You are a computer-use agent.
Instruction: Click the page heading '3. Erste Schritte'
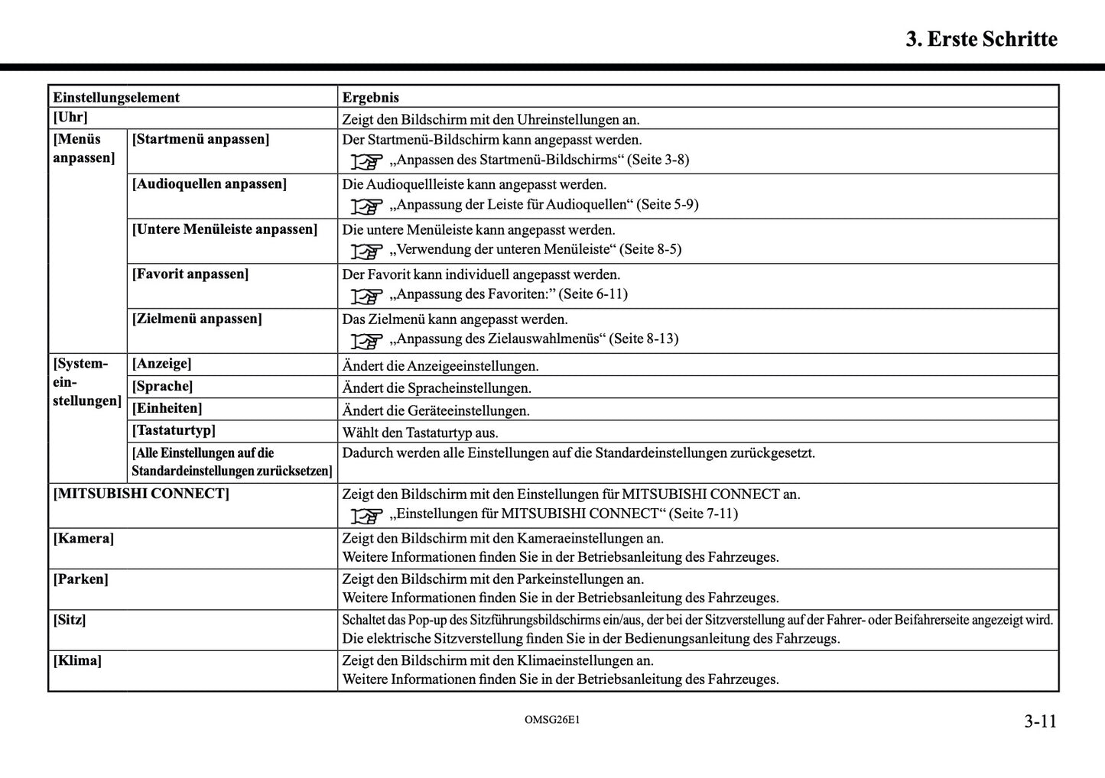click(981, 39)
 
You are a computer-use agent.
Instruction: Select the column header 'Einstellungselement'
click(116, 97)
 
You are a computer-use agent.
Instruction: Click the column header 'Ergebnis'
click(370, 97)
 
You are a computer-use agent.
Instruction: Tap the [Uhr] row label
click(70, 118)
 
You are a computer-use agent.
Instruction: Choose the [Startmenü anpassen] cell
click(200, 139)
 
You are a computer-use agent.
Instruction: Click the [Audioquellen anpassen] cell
click(210, 184)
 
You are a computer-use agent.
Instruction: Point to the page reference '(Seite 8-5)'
click(650, 249)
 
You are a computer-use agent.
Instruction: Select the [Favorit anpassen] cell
click(190, 274)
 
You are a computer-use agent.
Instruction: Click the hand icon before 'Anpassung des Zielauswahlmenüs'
click(367, 340)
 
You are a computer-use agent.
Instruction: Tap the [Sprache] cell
click(162, 386)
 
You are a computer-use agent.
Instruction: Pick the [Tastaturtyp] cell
click(174, 430)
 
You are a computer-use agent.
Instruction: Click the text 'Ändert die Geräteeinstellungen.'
click(436, 410)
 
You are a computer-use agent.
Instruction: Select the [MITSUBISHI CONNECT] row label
click(141, 494)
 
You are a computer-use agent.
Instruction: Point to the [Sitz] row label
click(70, 620)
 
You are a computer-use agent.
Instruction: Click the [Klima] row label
click(77, 660)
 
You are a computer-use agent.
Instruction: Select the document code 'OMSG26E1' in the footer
click(552, 720)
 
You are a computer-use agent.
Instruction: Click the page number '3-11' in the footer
click(1040, 721)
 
